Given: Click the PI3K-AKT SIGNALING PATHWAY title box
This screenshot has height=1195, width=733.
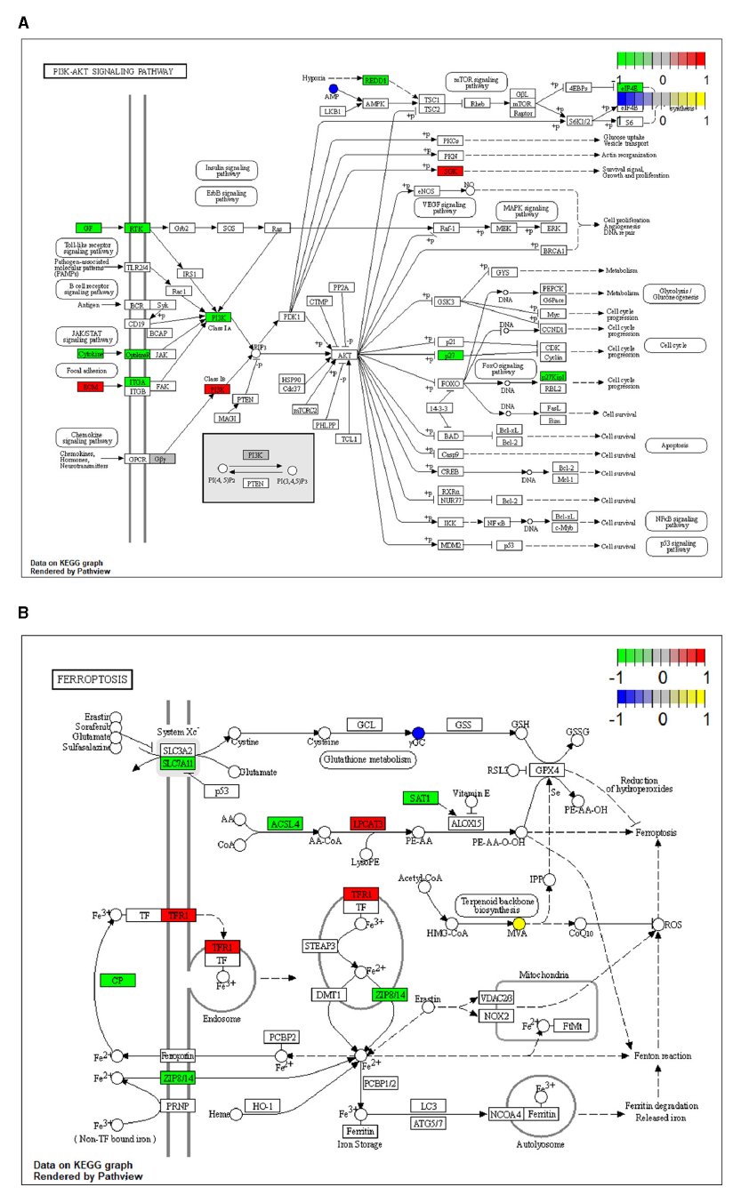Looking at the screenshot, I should (x=115, y=71).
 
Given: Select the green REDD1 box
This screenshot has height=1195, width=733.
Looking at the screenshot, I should (x=376, y=80).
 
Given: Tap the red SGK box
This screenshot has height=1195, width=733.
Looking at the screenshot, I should (x=450, y=170).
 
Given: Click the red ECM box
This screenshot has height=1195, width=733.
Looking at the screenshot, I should (x=90, y=387).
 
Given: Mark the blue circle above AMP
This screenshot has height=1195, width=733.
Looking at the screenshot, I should (x=334, y=89).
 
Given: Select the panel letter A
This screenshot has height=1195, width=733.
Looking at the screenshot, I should (x=23, y=20).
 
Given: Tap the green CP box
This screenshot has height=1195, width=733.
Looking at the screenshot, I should (x=117, y=980).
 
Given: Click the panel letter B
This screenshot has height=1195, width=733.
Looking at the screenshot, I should (x=23, y=612).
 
